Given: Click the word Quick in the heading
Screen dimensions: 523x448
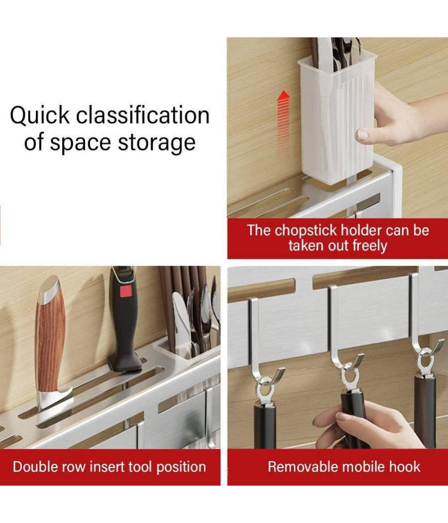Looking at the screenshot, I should pos(40,116).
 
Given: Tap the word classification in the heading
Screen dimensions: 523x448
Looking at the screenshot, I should pos(143,116).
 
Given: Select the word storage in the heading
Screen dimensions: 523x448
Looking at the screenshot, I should pos(157,142).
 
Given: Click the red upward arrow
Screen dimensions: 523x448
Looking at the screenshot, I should pos(284,120).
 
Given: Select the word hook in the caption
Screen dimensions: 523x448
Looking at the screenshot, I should pos(408,467).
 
